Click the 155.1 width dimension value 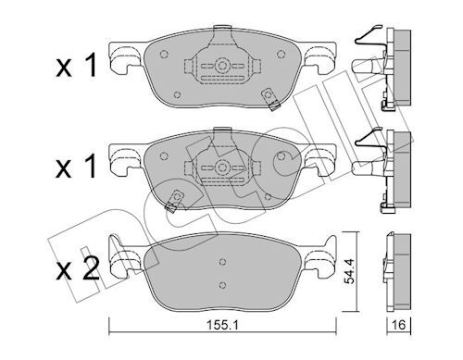pos(222,325)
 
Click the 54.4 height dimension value pos(348,271)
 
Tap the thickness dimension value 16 pos(398,325)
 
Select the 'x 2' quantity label pos(78,268)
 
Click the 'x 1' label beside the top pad pos(76,65)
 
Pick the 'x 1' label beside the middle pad pos(76,167)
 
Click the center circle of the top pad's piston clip pos(222,66)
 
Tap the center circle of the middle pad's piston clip pos(222,168)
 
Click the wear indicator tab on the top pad pos(270,99)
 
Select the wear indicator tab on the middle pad pos(173,201)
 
